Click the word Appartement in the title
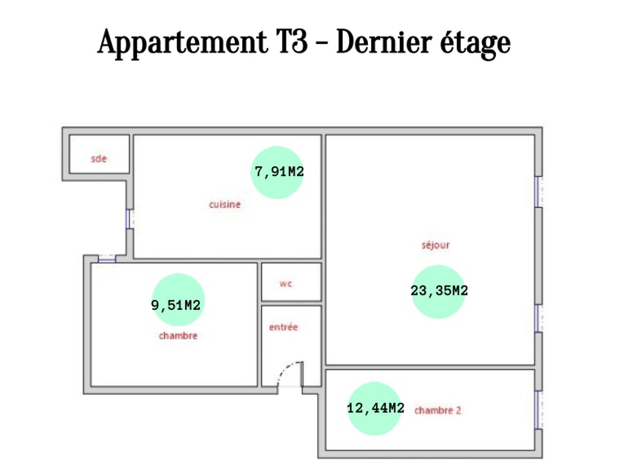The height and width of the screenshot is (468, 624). [x=183, y=43]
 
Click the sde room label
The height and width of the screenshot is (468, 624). [x=99, y=159]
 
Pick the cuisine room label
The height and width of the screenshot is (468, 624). [x=225, y=205]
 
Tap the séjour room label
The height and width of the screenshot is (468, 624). [x=436, y=245]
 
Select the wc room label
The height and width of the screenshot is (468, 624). [x=286, y=284]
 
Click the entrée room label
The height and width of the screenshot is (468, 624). [x=283, y=327]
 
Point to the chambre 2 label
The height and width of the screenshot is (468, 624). [x=438, y=410]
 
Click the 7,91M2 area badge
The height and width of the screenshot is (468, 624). [x=277, y=172]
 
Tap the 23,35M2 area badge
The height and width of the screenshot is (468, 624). [x=439, y=292]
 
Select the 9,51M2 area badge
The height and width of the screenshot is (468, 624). [x=178, y=300]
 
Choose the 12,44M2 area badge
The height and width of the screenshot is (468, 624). [x=375, y=408]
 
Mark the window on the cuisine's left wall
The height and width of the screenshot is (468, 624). [x=129, y=219]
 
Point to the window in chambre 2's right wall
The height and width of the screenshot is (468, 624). [x=539, y=410]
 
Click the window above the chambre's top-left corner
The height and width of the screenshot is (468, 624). [x=107, y=258]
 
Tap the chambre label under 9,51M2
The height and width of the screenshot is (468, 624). [x=178, y=336]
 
